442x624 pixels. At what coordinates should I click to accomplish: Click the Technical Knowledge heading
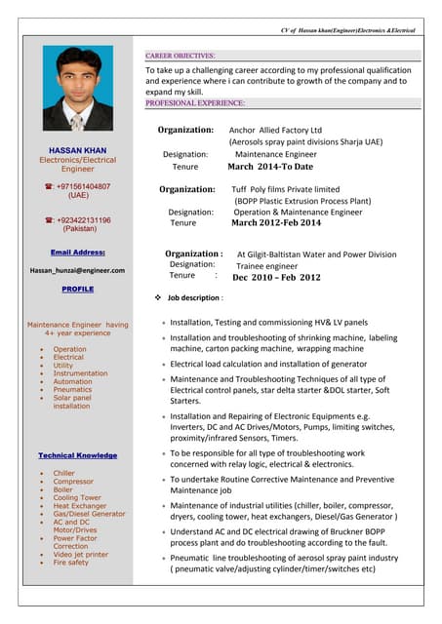click(x=77, y=455)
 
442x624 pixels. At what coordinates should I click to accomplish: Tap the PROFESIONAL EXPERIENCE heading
click(x=195, y=102)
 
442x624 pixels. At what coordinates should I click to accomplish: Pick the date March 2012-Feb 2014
click(x=276, y=223)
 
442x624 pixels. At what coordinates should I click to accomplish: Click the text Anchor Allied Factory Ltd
click(x=275, y=130)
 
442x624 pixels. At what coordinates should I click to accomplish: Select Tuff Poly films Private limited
click(x=286, y=189)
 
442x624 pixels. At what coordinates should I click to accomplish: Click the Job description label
click(x=195, y=297)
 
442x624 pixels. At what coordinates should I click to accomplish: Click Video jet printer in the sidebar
click(x=81, y=554)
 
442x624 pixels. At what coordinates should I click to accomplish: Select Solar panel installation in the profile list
click(x=74, y=402)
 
